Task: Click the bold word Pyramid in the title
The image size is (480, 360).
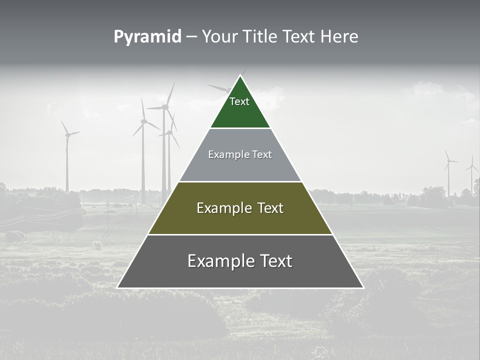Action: pos(147,37)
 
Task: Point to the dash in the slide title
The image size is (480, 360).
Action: pos(191,37)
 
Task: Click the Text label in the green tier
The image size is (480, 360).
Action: pos(239,101)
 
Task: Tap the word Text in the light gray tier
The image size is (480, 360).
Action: pos(262,154)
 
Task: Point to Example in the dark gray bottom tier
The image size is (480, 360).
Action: pos(218,261)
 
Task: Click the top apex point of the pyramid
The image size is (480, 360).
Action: pos(240,75)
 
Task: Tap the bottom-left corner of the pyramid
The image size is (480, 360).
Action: pos(117,288)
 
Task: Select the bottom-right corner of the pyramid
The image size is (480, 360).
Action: pos(363,288)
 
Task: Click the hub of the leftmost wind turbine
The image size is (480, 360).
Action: pos(67,134)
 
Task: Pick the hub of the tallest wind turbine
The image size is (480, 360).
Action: pos(165,106)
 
